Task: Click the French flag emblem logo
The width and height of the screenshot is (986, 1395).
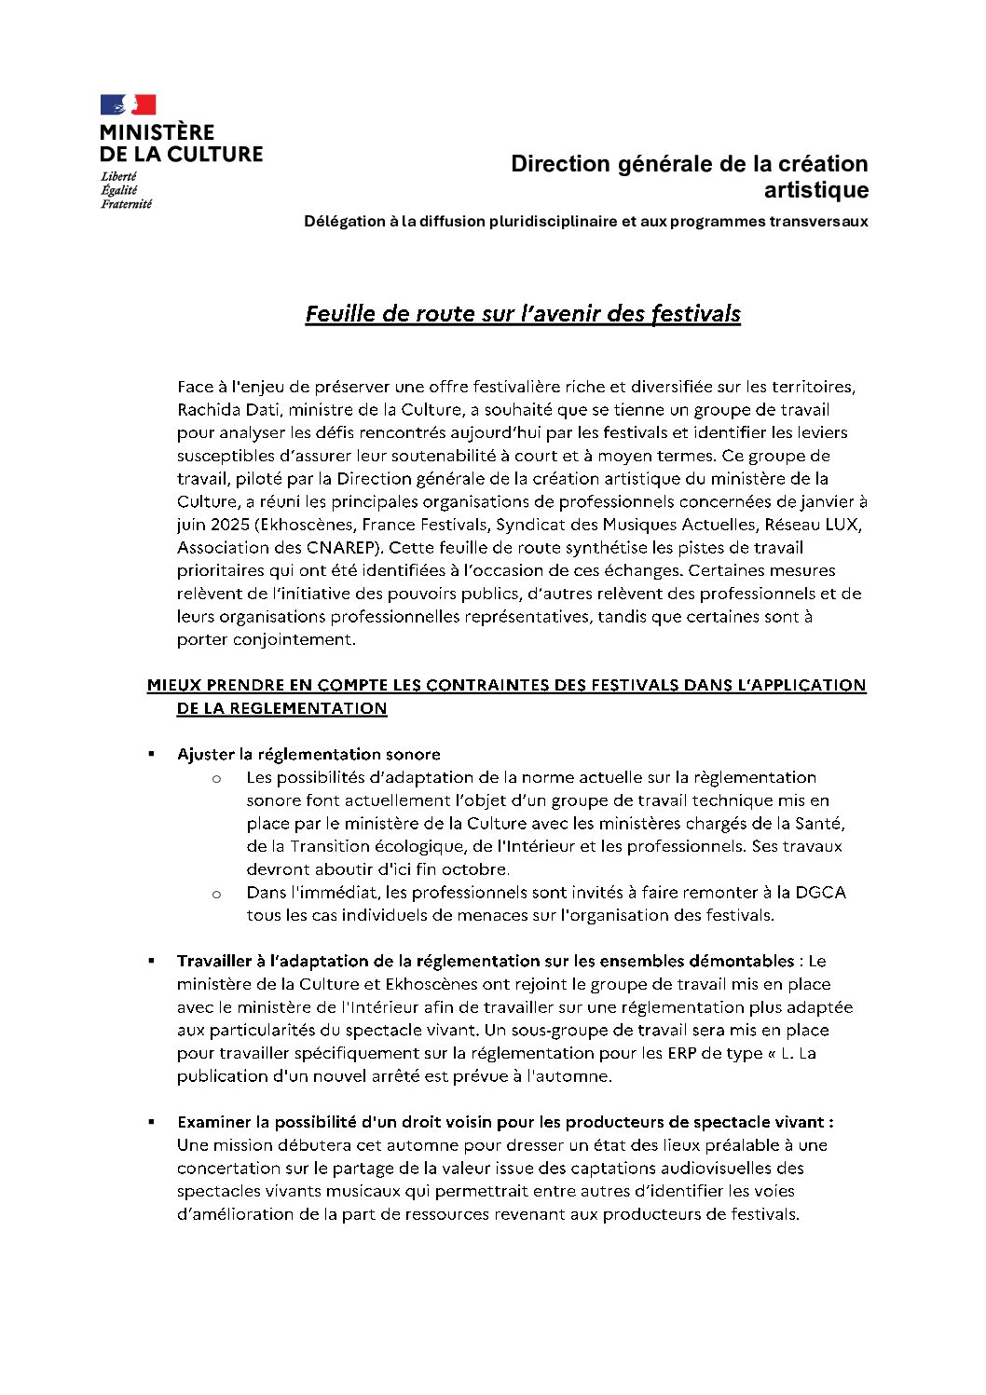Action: click(128, 104)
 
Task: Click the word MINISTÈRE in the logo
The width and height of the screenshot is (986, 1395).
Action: click(157, 132)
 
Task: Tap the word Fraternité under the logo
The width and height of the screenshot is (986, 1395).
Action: click(126, 204)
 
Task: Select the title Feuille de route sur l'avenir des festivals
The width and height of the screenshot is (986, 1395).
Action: click(523, 314)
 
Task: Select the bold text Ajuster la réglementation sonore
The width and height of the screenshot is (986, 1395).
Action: click(308, 754)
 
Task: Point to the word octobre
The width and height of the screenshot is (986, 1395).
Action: click(474, 869)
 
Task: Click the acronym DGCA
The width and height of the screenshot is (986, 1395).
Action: click(820, 893)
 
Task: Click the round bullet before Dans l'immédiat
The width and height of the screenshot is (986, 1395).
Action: click(216, 894)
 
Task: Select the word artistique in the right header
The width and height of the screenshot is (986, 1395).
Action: click(816, 191)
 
